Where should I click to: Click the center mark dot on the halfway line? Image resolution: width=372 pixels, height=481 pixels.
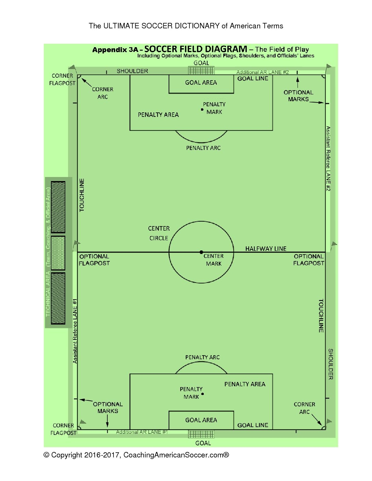click(x=201, y=252)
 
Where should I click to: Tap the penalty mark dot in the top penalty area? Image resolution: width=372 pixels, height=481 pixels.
click(x=202, y=110)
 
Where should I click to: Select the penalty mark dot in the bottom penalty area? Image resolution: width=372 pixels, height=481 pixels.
click(x=202, y=394)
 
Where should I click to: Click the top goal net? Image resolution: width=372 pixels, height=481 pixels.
click(x=201, y=70)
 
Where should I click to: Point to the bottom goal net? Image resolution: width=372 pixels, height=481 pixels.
click(x=201, y=434)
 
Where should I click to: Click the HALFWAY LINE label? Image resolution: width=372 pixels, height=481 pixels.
click(x=266, y=249)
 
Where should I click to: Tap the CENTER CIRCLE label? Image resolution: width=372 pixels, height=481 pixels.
click(x=159, y=233)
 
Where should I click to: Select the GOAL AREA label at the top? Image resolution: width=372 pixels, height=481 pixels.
click(x=201, y=83)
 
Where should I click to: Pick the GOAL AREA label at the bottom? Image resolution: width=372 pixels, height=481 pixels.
click(x=201, y=420)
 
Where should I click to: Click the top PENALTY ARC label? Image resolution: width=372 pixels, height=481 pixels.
click(x=203, y=148)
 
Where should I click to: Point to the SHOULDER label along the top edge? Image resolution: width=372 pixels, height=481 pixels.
click(x=132, y=71)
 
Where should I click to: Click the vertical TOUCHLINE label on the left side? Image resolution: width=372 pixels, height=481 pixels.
click(x=82, y=195)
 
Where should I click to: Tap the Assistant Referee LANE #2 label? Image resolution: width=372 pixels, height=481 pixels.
click(x=328, y=159)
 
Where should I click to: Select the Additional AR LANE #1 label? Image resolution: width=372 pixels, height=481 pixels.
click(x=142, y=432)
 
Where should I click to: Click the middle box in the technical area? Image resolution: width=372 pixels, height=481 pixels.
click(x=58, y=253)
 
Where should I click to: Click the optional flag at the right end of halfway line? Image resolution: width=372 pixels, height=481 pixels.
click(x=334, y=245)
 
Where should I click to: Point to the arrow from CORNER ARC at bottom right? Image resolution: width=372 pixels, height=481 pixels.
click(x=317, y=420)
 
